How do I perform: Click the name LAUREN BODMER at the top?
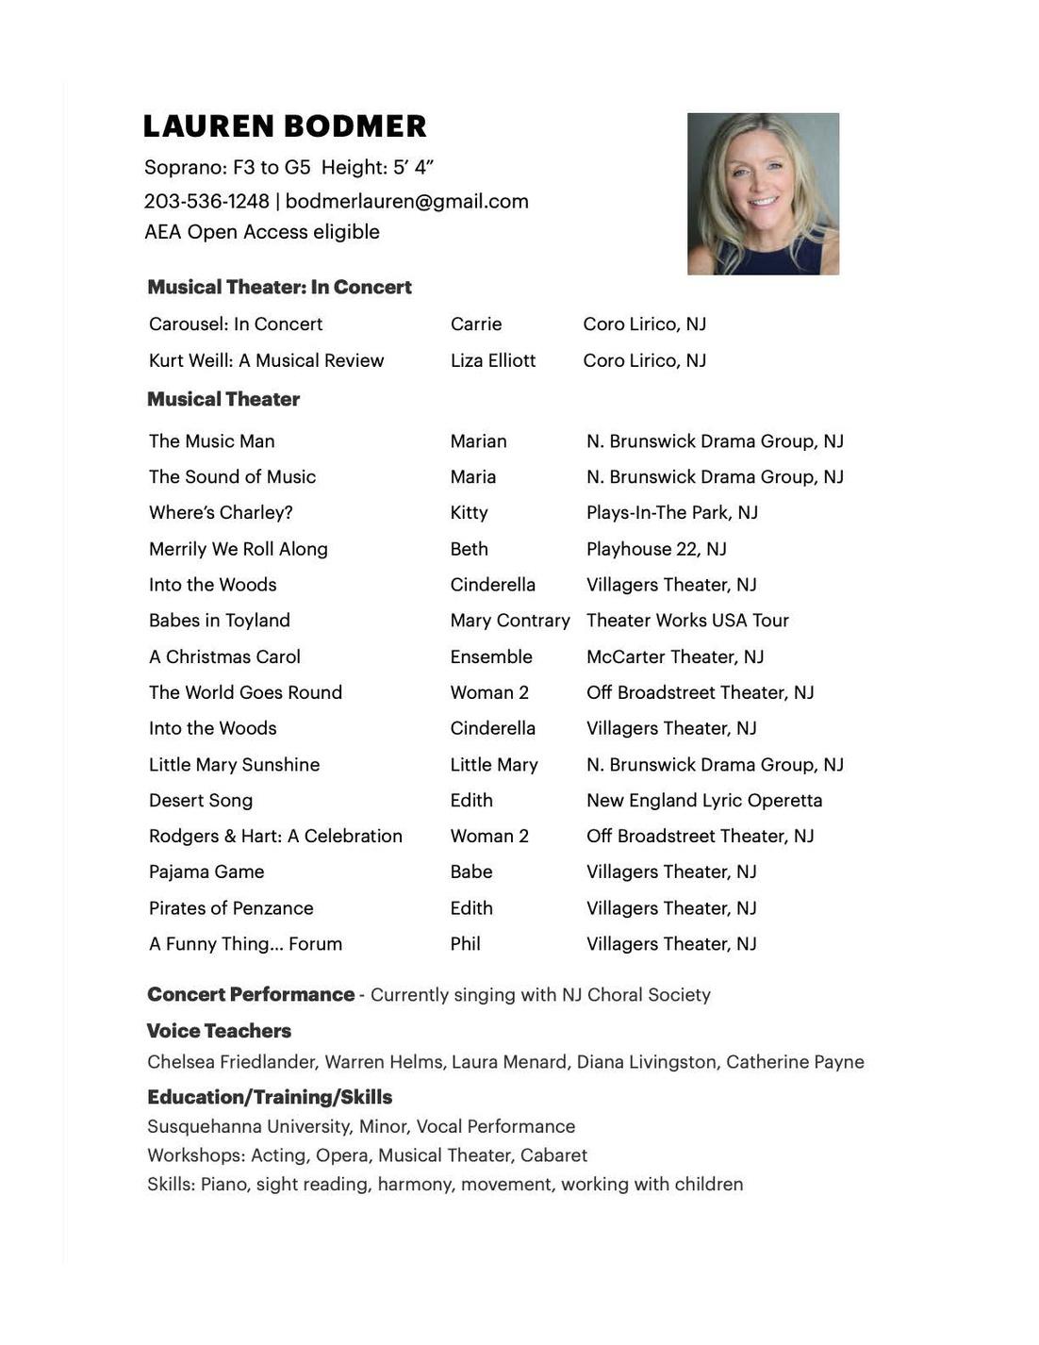point(285,126)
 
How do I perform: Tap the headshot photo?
point(763,194)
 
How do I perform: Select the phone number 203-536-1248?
point(206,201)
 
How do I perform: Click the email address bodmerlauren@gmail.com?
point(406,201)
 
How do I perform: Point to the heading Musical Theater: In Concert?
point(279,287)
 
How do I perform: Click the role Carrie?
point(476,324)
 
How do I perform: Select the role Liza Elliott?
point(493,360)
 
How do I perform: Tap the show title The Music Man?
point(212,440)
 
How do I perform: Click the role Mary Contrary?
point(510,620)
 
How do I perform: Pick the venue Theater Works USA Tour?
point(687,620)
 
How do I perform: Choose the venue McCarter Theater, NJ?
point(675,656)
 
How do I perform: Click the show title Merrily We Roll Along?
point(239,549)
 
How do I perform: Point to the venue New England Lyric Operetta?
point(704,800)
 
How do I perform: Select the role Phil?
point(466,943)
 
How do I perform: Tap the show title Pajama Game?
point(206,872)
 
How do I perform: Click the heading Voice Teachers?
point(219,1031)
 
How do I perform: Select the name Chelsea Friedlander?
point(233,1062)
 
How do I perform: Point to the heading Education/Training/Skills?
point(270,1097)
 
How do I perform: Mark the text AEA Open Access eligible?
point(262,232)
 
